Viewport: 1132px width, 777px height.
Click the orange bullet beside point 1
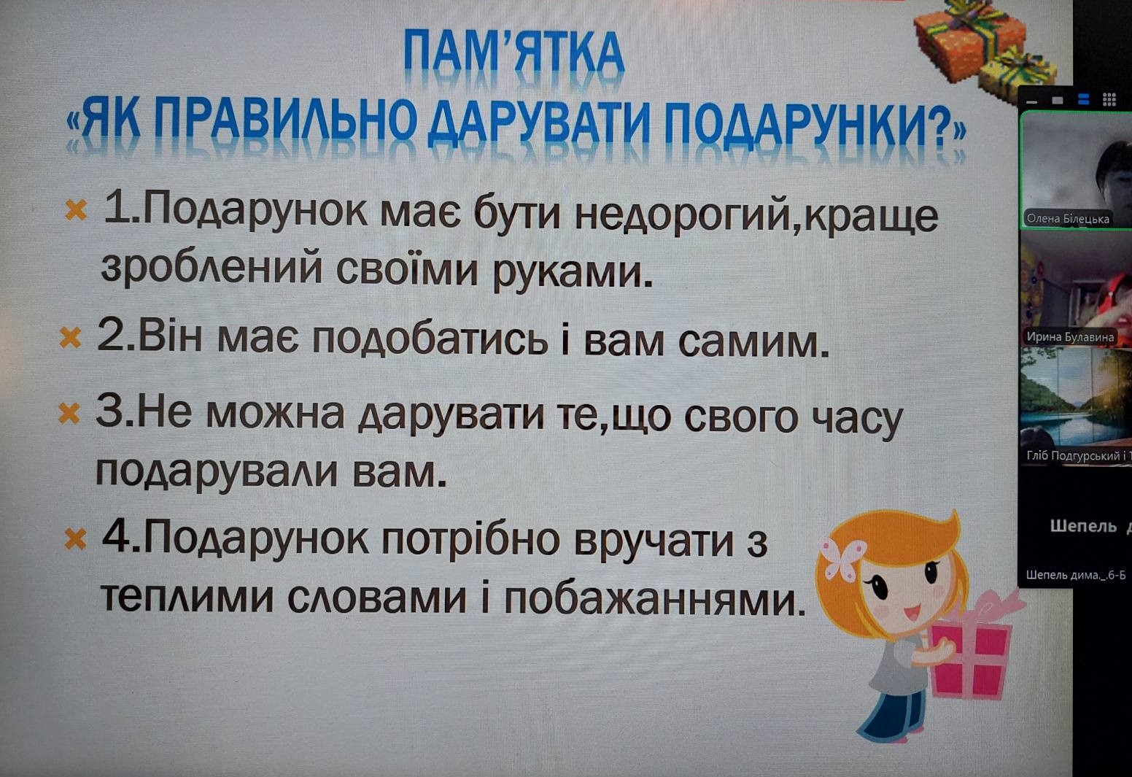coord(76,210)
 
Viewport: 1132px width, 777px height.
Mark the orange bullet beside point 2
coord(70,337)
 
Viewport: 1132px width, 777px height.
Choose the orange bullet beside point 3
coord(69,413)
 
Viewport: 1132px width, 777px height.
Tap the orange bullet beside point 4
coord(75,539)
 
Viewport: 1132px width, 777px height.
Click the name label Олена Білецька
coord(1067,218)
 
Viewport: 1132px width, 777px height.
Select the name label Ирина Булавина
coord(1070,337)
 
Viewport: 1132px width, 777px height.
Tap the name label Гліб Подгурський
coord(1078,456)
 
